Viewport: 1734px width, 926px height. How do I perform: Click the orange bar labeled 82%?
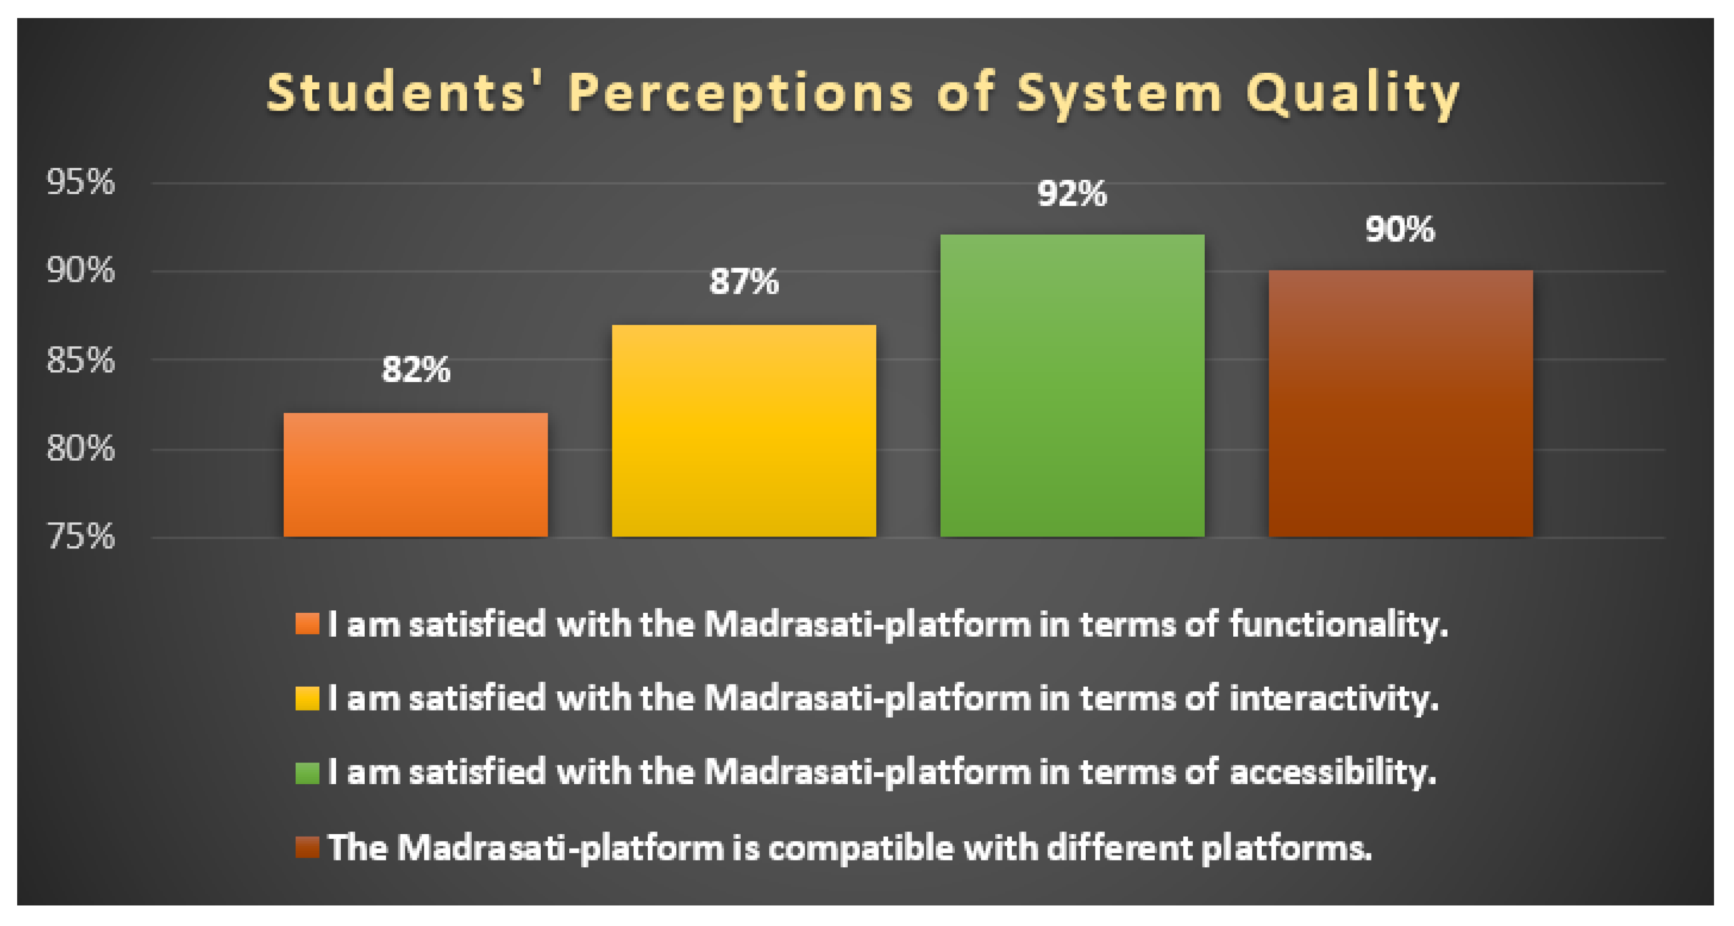(x=416, y=475)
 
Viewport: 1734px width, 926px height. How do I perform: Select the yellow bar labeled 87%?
(x=744, y=431)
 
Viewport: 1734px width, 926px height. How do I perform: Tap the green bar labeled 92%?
(x=1072, y=385)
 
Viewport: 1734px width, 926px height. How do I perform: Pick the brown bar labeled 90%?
(x=1401, y=404)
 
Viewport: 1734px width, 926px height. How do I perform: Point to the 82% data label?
(x=416, y=369)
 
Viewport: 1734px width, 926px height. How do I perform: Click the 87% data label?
(x=744, y=281)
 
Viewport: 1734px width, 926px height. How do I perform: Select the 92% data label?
(x=1072, y=194)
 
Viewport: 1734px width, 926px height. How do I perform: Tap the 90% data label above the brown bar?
(x=1400, y=230)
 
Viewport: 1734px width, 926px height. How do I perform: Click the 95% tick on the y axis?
(x=81, y=182)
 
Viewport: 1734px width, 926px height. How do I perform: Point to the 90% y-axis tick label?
(x=81, y=271)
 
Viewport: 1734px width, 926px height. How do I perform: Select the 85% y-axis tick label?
(x=81, y=360)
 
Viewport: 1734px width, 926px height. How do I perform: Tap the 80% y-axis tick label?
(x=81, y=448)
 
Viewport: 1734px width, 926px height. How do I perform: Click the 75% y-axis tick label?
(x=81, y=536)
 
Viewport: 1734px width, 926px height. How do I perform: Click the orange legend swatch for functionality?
(x=307, y=624)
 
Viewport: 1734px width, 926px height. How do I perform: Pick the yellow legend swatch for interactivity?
(x=307, y=698)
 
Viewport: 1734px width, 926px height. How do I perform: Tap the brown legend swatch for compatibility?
(x=307, y=847)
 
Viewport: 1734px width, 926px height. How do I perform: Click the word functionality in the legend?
(x=1338, y=624)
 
